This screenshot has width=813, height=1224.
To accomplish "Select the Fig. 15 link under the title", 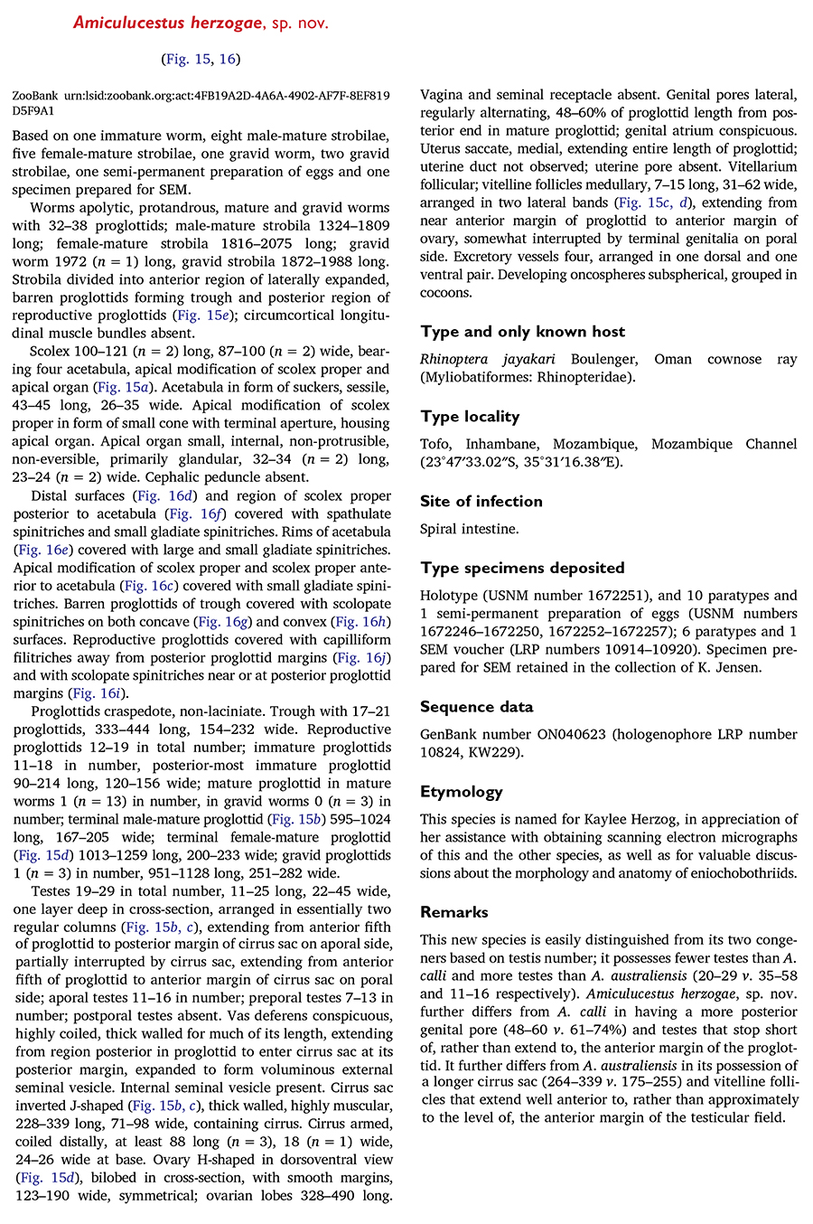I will point(186,59).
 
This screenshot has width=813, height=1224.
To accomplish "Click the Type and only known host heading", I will point(522,332).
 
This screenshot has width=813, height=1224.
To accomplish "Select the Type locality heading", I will point(469,417).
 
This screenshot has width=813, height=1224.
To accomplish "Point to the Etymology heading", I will point(461,792).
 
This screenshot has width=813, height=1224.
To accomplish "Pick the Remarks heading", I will point(453,912).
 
